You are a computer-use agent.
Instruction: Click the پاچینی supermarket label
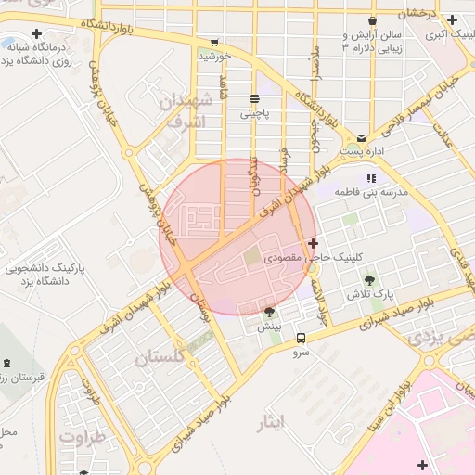(x=255, y=114)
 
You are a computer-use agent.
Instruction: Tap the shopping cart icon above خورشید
(x=215, y=42)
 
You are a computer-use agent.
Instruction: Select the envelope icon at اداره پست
(x=362, y=137)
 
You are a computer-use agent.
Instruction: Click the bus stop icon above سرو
(x=301, y=339)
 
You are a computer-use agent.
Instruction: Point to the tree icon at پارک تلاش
(x=370, y=279)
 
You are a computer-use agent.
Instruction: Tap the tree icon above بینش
(x=269, y=313)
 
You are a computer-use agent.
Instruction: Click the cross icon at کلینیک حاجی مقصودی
(x=313, y=242)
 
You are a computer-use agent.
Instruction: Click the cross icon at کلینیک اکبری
(x=452, y=19)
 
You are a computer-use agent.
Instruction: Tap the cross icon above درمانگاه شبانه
(x=36, y=34)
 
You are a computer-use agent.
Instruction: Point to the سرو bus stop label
(x=301, y=353)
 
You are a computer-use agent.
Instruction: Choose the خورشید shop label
(x=214, y=56)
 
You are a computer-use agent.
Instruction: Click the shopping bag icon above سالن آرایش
(x=372, y=20)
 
